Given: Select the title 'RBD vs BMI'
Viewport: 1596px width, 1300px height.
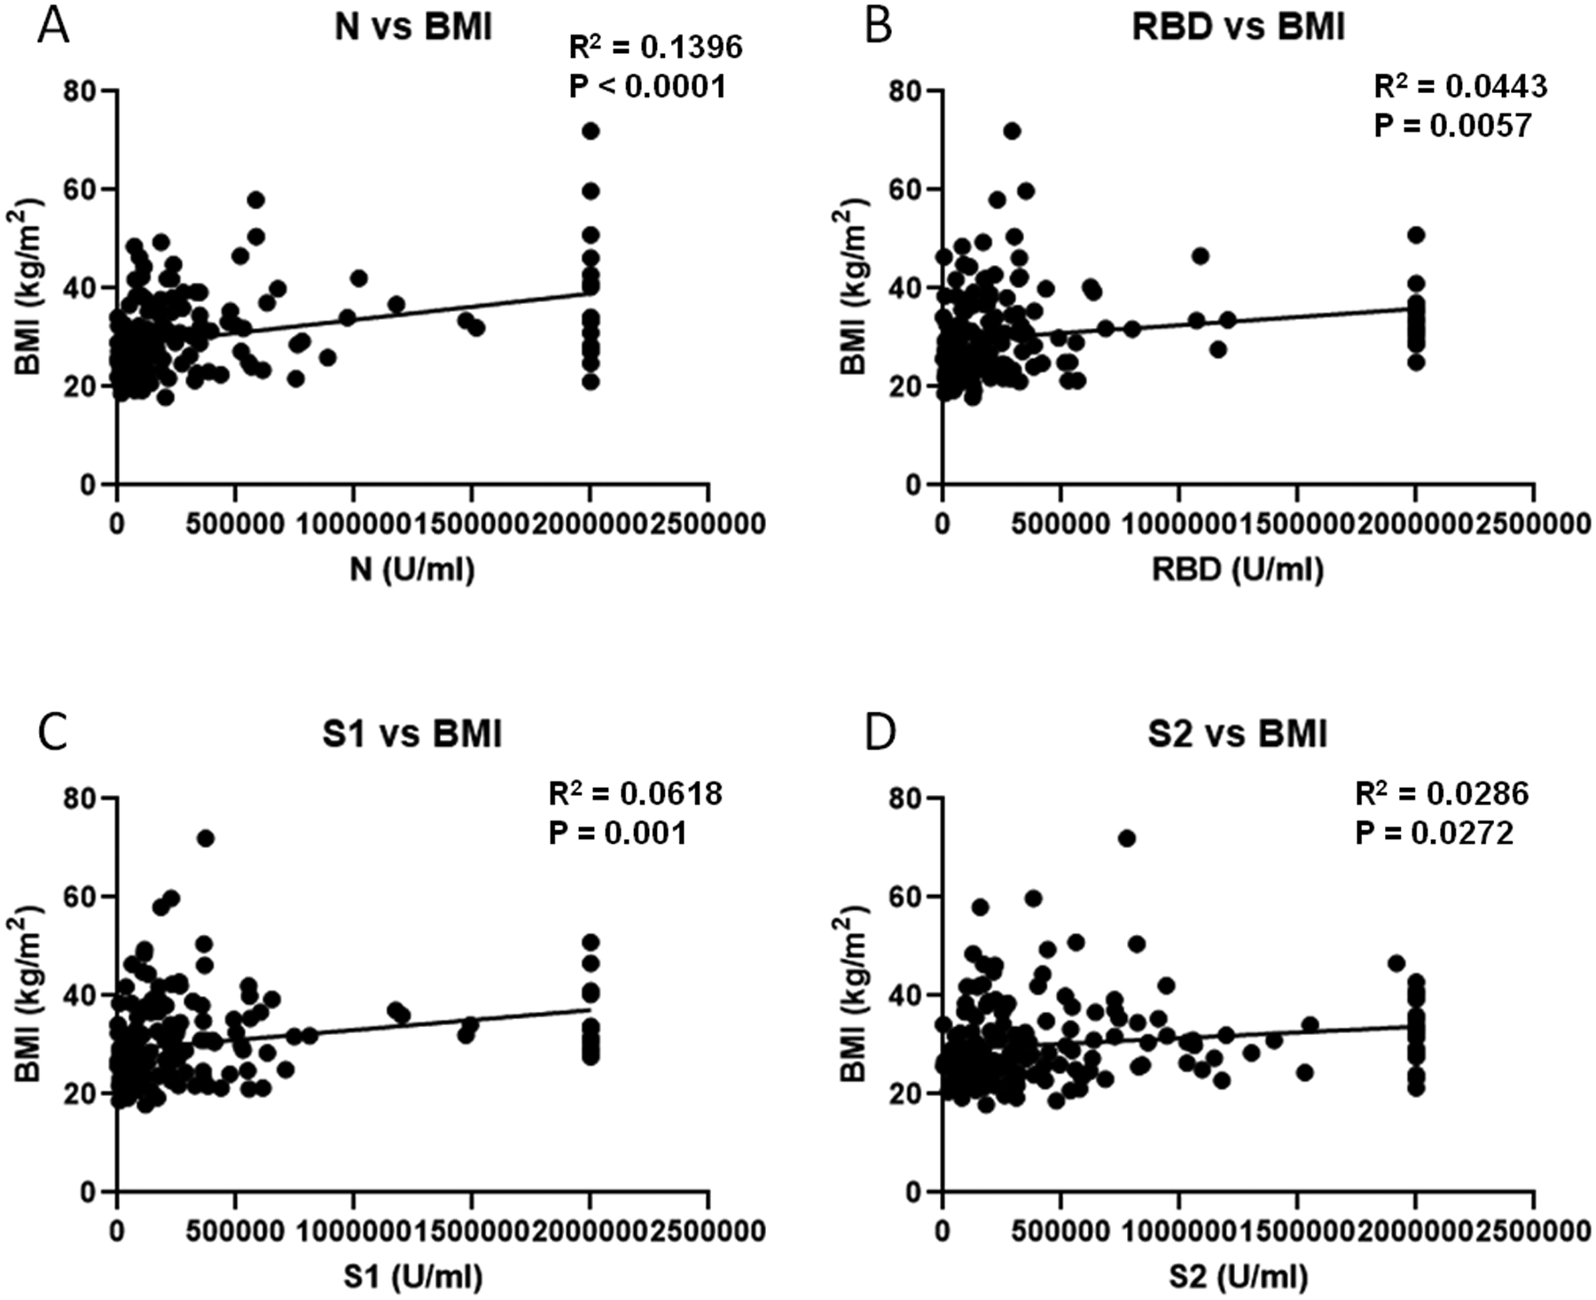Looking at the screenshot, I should point(1239,27).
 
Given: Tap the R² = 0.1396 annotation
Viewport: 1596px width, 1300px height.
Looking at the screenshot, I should point(655,47).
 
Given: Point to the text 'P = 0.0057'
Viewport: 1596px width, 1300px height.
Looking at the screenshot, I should point(1452,126).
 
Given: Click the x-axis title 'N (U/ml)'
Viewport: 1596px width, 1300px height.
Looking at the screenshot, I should point(412,569).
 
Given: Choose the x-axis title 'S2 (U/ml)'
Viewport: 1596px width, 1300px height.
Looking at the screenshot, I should point(1239,1277).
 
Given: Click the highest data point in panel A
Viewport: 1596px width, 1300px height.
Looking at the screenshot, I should point(591,131).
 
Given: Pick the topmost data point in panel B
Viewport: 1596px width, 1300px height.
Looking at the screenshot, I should point(1012,131).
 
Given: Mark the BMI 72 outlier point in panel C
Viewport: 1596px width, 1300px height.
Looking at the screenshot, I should point(206,838).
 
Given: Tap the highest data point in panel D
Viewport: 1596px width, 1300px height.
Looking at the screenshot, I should point(1127,838).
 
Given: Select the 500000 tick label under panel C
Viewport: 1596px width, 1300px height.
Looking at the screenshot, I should point(235,1231).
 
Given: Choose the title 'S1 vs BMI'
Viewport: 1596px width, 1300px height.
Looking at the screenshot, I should point(412,735).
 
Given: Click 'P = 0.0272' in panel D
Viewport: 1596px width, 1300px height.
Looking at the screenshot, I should point(1434,834).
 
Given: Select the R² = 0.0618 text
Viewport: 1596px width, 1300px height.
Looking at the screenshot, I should point(635,793).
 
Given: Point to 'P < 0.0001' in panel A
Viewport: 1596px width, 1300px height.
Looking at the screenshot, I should point(646,87).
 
